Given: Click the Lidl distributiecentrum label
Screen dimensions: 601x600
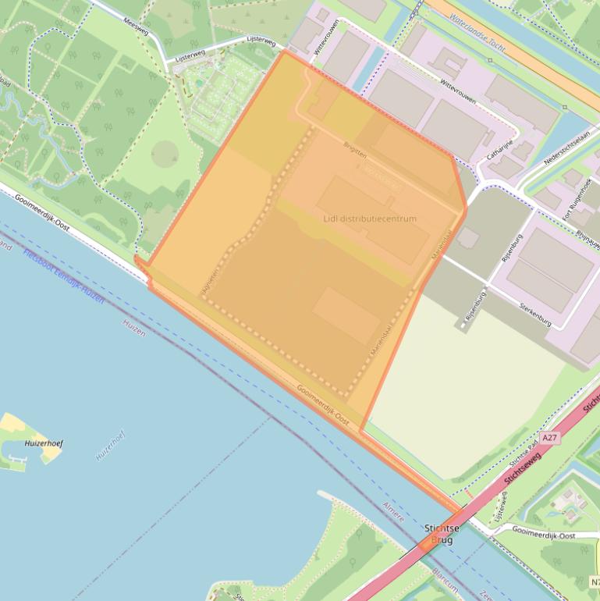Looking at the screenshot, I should (370, 219).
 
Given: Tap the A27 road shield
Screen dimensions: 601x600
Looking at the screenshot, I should (549, 439).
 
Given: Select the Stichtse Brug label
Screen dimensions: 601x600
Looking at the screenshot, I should (442, 534).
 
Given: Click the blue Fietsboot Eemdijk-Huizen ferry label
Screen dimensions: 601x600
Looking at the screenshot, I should (62, 278).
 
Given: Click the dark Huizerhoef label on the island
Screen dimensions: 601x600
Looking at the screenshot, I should (44, 443).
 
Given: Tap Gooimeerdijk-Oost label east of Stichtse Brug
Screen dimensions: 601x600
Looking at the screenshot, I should (545, 535).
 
